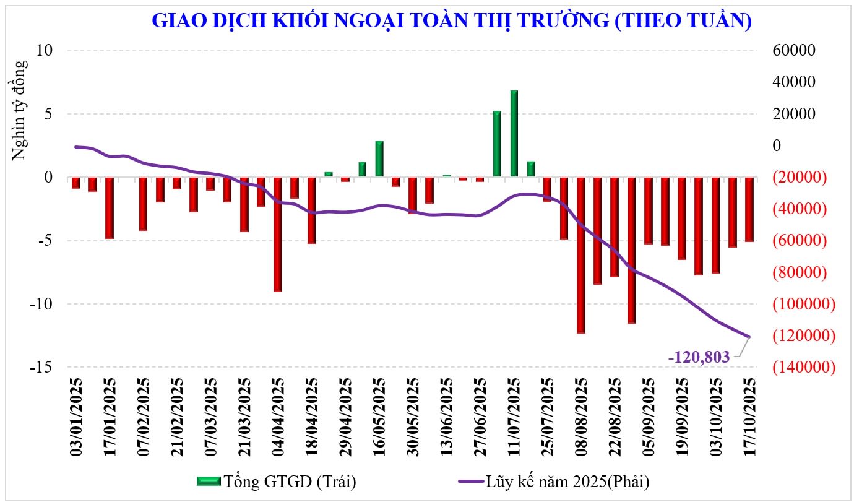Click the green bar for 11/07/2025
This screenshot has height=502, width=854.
point(514,134)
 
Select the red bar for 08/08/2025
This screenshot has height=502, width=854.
point(580,255)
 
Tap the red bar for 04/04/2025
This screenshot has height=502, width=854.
point(278,234)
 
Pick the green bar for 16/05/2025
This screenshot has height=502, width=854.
point(379,159)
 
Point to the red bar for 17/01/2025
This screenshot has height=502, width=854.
point(110,207)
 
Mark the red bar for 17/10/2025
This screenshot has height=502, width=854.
point(749,209)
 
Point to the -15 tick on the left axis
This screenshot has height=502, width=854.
point(43,367)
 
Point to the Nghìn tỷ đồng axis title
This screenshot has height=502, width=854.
point(20,110)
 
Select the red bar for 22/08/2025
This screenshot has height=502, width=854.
point(614,227)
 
